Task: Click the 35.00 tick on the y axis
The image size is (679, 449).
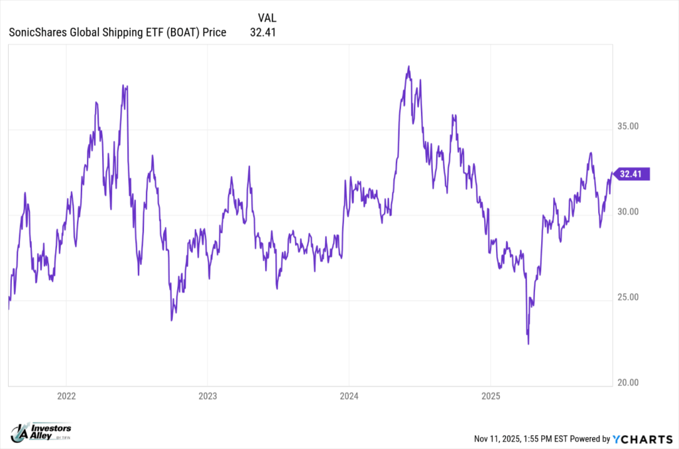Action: coord(627,126)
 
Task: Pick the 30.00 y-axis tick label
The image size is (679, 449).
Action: coord(627,211)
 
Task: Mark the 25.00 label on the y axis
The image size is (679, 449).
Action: coord(627,297)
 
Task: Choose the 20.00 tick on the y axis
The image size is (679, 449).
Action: coord(627,382)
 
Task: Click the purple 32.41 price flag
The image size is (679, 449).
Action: coord(632,174)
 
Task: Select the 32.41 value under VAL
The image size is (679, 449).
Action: coord(263,31)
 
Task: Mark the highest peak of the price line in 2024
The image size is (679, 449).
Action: coord(409,66)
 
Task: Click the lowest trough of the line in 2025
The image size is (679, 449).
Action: coord(528,344)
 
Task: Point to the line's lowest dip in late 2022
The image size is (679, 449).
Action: coord(172,320)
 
